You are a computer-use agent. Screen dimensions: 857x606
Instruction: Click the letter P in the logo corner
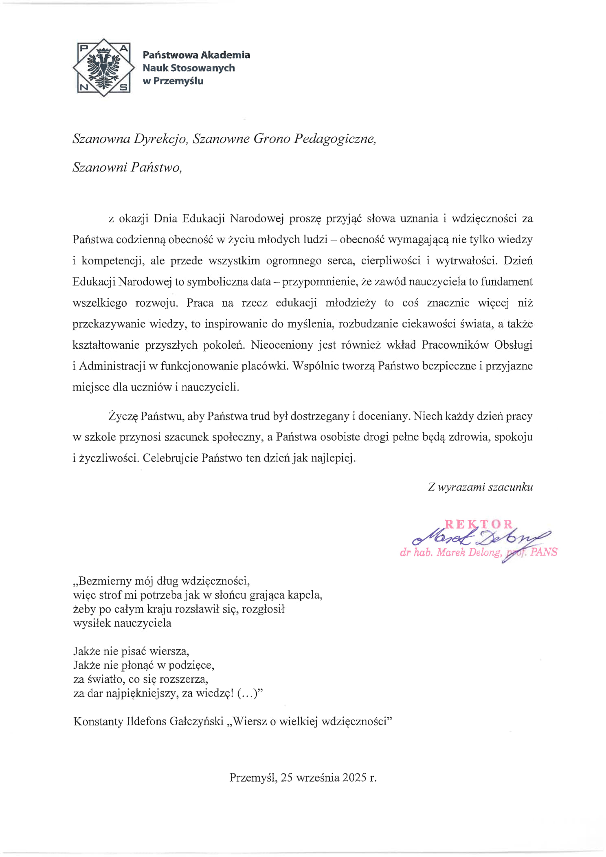point(83,48)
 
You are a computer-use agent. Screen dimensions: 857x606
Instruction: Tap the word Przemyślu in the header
point(178,81)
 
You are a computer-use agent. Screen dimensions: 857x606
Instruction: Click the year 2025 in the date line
point(354,778)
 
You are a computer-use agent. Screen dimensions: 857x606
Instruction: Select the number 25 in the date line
point(287,778)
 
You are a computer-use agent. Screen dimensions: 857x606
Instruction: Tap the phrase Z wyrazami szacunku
point(480,487)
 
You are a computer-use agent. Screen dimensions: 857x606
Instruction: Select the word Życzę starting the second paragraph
point(123,416)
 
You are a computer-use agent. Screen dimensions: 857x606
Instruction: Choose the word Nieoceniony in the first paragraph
point(282,345)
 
